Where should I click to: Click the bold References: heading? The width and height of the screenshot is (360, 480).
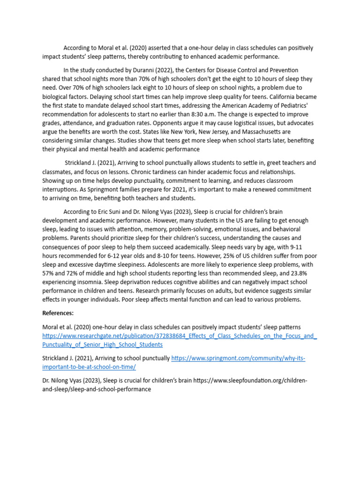(58, 313)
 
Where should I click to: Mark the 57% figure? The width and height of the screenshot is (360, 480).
(49, 273)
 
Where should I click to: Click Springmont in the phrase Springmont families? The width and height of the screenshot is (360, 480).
(166, 189)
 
